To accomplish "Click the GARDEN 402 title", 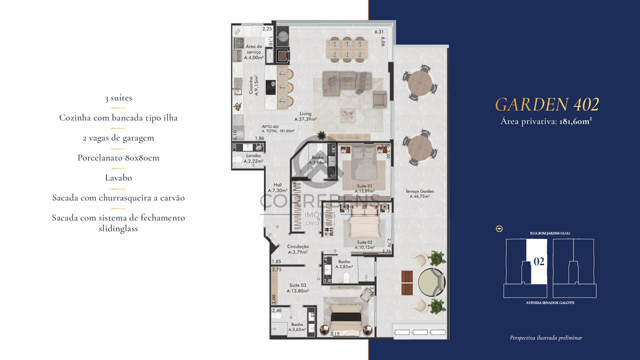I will (x=547, y=104).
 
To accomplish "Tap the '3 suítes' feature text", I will (x=118, y=98).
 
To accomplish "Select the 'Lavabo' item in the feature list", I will (x=118, y=178).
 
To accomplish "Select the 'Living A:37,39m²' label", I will (x=305, y=116).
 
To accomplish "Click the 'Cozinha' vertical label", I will (x=253, y=85).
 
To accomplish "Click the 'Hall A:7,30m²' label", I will (x=277, y=187).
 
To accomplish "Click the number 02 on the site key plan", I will (x=539, y=262).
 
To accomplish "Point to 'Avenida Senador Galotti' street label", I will (x=550, y=303).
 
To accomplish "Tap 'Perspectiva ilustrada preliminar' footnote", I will (x=546, y=338).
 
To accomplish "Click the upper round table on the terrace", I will (x=420, y=84).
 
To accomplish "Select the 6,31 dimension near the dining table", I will (x=379, y=32).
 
